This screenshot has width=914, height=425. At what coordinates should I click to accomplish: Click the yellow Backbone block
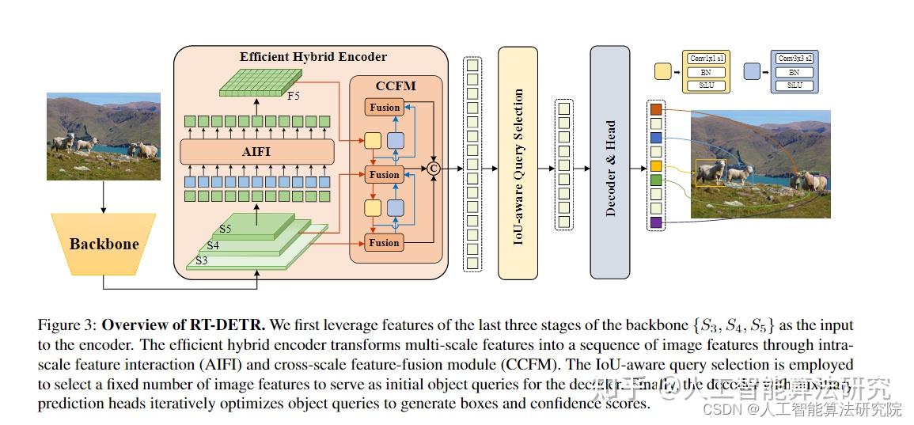[x=104, y=244]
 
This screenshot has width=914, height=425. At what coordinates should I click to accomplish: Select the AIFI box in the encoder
[x=256, y=150]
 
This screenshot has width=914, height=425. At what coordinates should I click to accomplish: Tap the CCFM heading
[x=395, y=85]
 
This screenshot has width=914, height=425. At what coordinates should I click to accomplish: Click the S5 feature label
[x=226, y=230]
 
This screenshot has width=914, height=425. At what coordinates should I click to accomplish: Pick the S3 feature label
[x=202, y=260]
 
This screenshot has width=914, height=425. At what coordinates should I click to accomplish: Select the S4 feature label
[x=214, y=245]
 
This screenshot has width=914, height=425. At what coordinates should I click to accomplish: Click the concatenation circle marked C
[x=434, y=168]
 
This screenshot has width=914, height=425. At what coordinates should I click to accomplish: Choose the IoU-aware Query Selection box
[x=518, y=162]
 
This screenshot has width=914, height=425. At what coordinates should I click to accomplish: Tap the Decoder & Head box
[x=610, y=162]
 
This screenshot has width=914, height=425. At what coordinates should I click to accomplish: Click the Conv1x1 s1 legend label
[x=707, y=59]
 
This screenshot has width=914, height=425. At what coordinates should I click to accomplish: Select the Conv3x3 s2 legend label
[x=795, y=59]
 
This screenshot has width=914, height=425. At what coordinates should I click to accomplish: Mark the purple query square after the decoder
[x=656, y=223]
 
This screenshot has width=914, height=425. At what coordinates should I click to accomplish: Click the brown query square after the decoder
[x=656, y=108]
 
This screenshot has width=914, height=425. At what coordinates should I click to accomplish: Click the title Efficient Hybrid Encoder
[x=313, y=57]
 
